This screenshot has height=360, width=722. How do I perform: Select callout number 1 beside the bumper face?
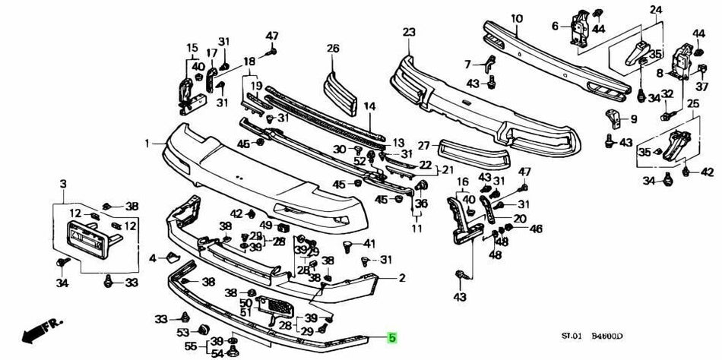(147, 143)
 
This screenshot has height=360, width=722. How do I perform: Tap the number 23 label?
(409, 32)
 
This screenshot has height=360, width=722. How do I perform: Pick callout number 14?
(369, 106)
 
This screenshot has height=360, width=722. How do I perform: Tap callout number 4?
(153, 258)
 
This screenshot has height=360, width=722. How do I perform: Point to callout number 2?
(401, 278)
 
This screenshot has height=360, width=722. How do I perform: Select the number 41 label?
(370, 244)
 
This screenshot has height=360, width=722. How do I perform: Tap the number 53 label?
(183, 332)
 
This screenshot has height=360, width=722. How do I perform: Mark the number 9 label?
(633, 118)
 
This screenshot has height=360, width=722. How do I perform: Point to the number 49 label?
(265, 225)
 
